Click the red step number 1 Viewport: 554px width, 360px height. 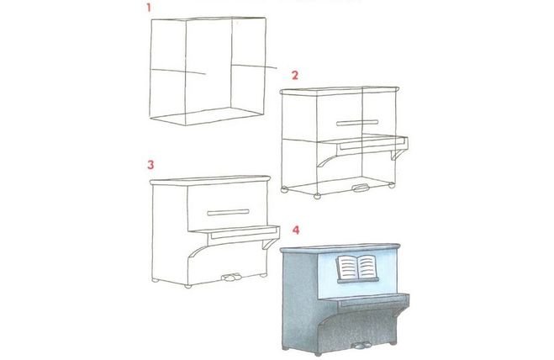tap(149, 8)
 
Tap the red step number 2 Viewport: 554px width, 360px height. tap(295, 76)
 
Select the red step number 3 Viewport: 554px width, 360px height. tap(150, 165)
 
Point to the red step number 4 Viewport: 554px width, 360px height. tap(296, 230)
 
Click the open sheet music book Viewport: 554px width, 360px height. tap(356, 267)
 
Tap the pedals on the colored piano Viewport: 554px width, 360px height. tap(361, 346)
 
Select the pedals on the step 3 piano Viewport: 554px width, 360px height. tap(231, 278)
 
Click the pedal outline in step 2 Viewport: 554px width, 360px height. tap(361, 188)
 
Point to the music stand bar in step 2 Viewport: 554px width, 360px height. tap(357, 123)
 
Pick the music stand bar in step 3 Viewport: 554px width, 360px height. tap(229, 213)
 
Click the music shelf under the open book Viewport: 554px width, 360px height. tap(358, 280)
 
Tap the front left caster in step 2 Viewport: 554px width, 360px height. tap(317, 195)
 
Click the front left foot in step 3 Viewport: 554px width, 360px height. tap(188, 286)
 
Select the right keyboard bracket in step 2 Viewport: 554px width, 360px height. tap(398, 154)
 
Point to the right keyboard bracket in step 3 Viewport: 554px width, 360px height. tap(269, 244)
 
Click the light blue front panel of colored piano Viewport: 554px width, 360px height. tap(356, 274)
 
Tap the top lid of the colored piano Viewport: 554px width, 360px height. tap(340, 248)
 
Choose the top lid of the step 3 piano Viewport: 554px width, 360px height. tap(210, 180)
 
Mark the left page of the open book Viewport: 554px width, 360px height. tap(347, 267)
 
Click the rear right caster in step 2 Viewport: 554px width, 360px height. tap(391, 185)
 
